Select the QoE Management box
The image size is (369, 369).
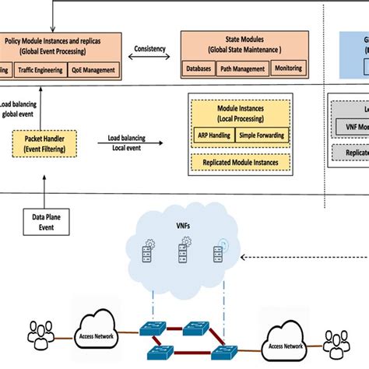click(x=97, y=70)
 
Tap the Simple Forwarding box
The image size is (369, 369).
click(x=261, y=135)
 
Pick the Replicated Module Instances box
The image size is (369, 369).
click(x=240, y=163)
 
